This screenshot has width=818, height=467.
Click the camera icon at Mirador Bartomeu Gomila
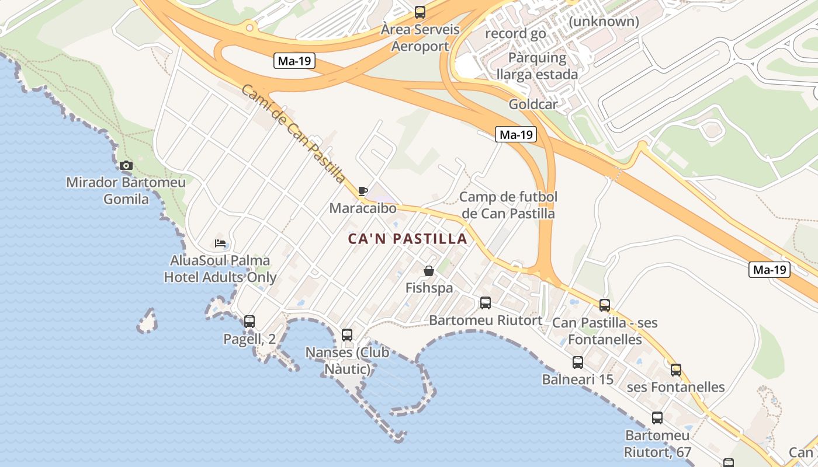pyautogui.click(x=126, y=166)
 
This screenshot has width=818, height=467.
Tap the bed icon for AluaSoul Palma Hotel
pyautogui.click(x=220, y=243)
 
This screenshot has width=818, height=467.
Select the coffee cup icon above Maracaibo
pyautogui.click(x=363, y=191)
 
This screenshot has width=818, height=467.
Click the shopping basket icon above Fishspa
pyautogui.click(x=429, y=271)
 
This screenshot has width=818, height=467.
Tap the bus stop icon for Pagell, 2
pyautogui.click(x=249, y=321)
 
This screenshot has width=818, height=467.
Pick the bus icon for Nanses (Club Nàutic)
pyautogui.click(x=347, y=335)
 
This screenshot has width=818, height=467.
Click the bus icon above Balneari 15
pyautogui.click(x=578, y=363)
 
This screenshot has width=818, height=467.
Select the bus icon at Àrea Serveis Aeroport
pyautogui.click(x=420, y=12)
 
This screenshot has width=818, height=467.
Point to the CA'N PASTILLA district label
pyautogui.click(x=407, y=239)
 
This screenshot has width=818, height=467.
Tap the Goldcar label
pyautogui.click(x=533, y=104)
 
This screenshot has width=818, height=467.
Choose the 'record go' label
pyautogui.click(x=515, y=34)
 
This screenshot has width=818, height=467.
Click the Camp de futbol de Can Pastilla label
pyautogui.click(x=508, y=205)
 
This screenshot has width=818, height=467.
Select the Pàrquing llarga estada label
pyautogui.click(x=537, y=66)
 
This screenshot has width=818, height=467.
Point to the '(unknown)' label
pyautogui.click(x=604, y=22)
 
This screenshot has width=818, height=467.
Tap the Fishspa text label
pyautogui.click(x=429, y=288)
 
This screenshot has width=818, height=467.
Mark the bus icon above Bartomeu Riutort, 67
pyautogui.click(x=657, y=418)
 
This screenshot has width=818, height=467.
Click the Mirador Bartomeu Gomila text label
pyautogui.click(x=126, y=191)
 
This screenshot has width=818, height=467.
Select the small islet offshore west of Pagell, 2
pyautogui.click(x=148, y=321)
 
